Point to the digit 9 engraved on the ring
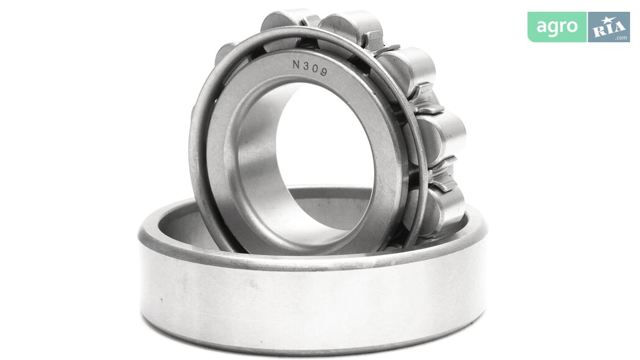point(323,72)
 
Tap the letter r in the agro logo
point(563,27)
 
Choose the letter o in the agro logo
point(573,27)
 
